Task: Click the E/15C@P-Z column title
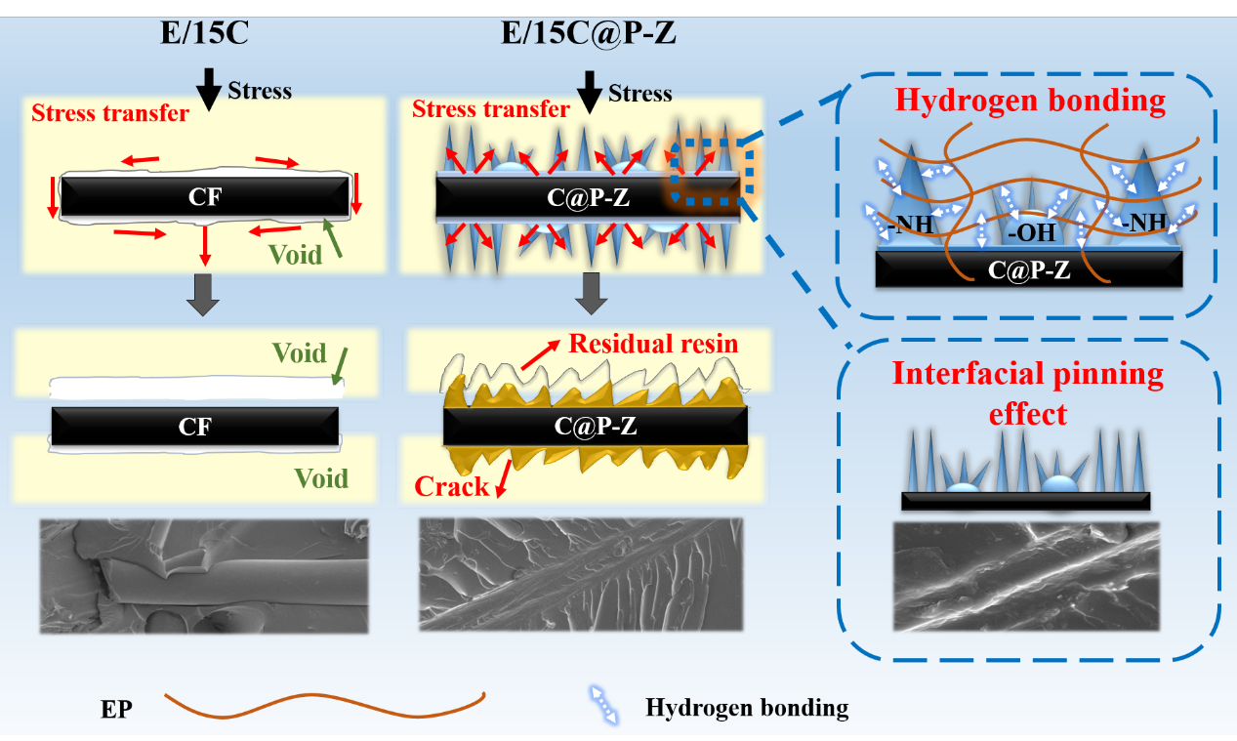(x=589, y=35)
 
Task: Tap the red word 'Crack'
(x=451, y=485)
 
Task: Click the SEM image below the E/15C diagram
(x=204, y=576)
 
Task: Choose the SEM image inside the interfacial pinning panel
(x=1027, y=576)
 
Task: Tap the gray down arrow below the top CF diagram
(x=204, y=294)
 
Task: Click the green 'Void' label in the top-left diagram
(x=296, y=255)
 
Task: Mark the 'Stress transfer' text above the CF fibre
(x=110, y=112)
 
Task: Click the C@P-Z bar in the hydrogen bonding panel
(x=1030, y=269)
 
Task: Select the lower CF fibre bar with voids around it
(x=195, y=426)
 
